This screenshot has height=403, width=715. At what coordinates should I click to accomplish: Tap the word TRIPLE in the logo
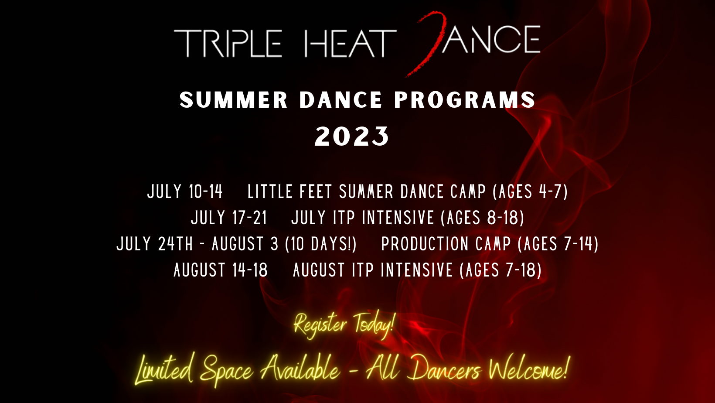(228, 43)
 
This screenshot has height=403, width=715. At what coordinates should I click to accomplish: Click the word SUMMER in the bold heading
(233, 100)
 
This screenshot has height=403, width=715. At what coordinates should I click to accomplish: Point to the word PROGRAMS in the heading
(465, 100)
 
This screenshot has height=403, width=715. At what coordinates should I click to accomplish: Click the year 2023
(352, 137)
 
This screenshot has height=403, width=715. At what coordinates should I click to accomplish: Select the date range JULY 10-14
(185, 191)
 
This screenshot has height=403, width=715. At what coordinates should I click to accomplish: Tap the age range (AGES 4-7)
(530, 191)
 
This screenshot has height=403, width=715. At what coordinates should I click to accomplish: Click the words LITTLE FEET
(290, 191)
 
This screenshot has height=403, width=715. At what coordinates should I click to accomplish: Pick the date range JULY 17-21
(229, 218)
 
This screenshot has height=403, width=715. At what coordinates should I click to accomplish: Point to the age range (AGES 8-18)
(482, 218)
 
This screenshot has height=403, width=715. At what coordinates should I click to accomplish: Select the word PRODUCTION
(425, 244)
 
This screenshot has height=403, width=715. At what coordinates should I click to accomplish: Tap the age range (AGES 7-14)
(558, 244)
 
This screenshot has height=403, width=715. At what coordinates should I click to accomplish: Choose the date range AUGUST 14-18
(221, 270)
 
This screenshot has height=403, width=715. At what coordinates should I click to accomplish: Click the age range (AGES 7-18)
(500, 270)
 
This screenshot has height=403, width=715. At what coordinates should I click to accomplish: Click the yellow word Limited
(164, 369)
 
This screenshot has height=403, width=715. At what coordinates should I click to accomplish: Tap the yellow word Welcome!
(529, 369)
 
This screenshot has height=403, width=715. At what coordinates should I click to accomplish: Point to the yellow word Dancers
(444, 370)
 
